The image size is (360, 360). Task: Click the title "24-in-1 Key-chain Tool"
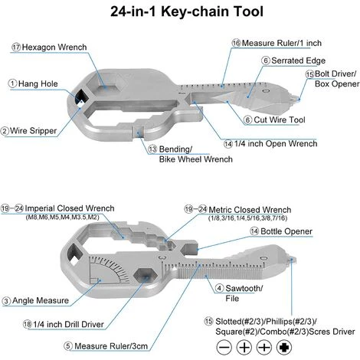187,11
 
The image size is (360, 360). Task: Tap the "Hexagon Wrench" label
54,47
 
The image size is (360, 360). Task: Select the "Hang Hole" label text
38,83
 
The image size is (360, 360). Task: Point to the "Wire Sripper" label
33,131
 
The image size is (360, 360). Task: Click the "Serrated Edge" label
298,61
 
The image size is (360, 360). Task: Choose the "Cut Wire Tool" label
280,119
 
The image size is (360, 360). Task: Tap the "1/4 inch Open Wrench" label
276,143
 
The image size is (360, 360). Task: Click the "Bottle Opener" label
286,231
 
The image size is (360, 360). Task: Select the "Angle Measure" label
41,300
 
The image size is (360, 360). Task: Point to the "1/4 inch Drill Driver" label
68,324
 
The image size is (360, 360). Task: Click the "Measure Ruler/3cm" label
111,346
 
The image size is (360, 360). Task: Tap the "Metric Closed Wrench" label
250,210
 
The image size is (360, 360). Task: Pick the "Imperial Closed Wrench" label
70,208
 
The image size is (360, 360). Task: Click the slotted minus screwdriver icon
224,348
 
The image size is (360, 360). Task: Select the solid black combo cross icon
284,348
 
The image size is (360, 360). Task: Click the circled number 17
16,47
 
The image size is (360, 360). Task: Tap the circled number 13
152,149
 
